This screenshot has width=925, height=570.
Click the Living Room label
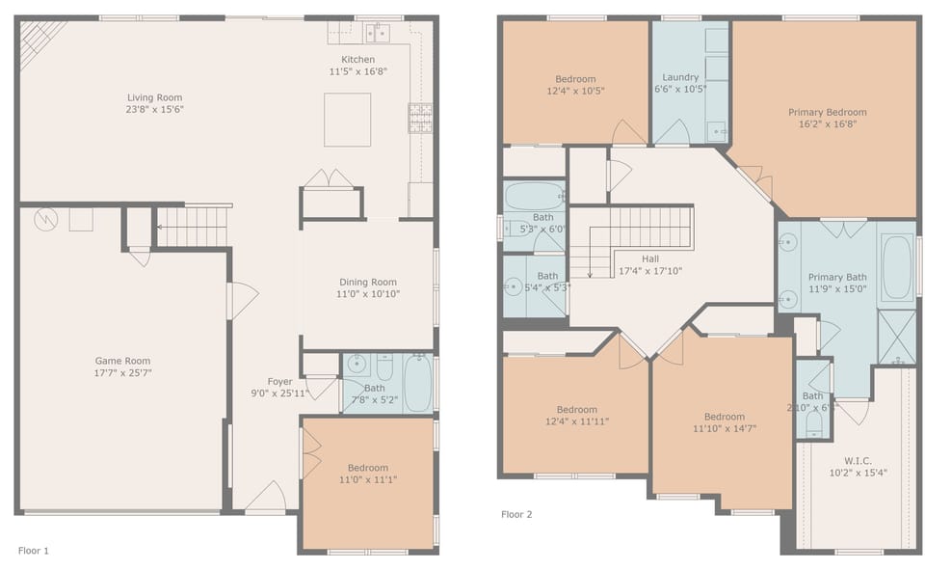click(x=155, y=97)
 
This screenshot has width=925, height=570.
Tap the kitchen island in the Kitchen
click(x=347, y=120)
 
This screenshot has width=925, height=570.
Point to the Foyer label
click(x=279, y=382)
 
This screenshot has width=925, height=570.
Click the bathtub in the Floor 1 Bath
click(x=417, y=383)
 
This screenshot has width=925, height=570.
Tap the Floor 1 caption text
click(x=34, y=551)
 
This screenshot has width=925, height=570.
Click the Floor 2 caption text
click(x=516, y=514)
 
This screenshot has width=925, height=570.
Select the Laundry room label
click(x=680, y=78)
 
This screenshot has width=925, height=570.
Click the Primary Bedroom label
click(x=827, y=112)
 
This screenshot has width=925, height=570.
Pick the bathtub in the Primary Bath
click(x=895, y=265)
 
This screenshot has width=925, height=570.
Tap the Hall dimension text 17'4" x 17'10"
click(x=650, y=271)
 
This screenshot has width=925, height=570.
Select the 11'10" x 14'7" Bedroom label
click(x=724, y=417)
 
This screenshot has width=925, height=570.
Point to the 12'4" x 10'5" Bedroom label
click(x=575, y=79)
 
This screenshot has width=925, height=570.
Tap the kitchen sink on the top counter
click(x=377, y=34)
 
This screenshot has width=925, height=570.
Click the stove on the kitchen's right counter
click(x=420, y=116)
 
